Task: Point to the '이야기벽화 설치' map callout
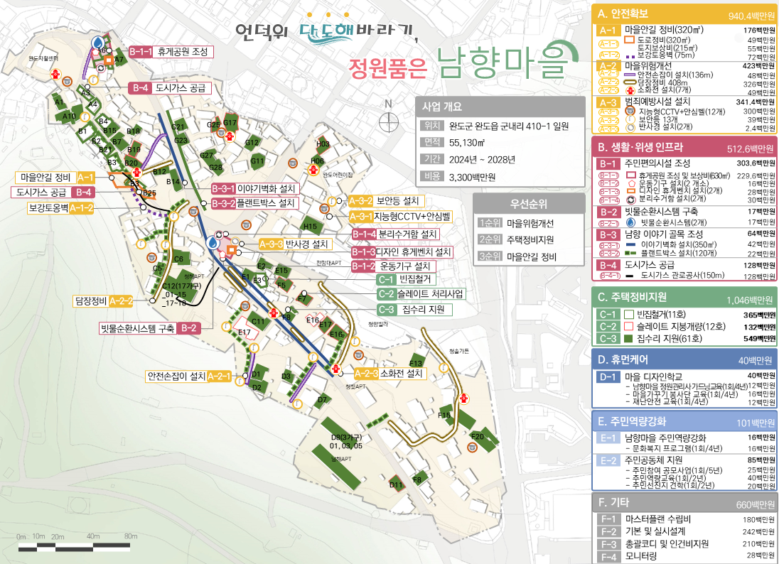(255, 189)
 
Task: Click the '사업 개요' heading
(443, 107)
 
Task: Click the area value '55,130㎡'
(468, 143)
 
